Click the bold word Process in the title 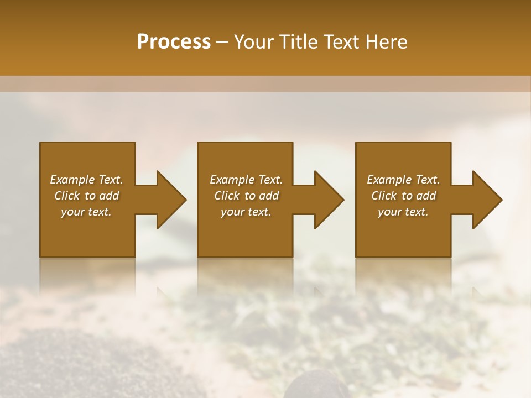coord(174,42)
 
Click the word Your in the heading coord(254,42)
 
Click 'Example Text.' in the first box coord(86,180)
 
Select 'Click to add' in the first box coord(86,196)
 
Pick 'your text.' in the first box coord(86,212)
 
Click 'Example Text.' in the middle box coord(246,180)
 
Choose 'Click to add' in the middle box coord(246,196)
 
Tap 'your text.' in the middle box coord(246,212)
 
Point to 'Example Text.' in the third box coord(403,180)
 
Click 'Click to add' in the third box coord(403,196)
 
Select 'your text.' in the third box coord(403,212)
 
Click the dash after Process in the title coord(222,43)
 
